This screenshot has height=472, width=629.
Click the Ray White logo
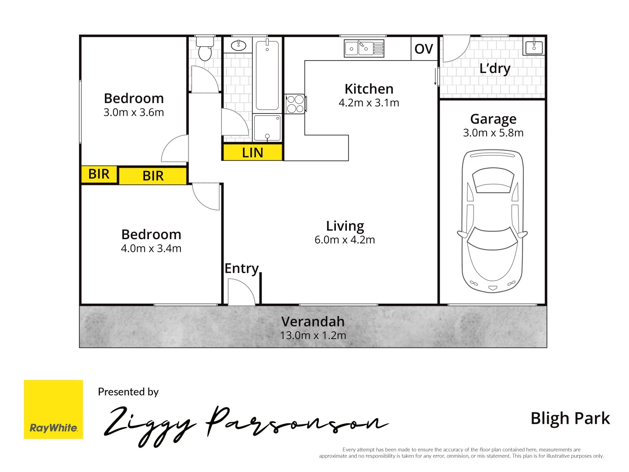(x=53, y=409)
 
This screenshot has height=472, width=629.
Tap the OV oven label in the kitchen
(x=423, y=49)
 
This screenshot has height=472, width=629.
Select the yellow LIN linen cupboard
(x=252, y=153)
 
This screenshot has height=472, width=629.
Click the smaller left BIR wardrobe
(x=99, y=174)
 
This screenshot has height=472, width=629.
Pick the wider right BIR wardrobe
(x=153, y=176)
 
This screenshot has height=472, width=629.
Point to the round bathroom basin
(x=238, y=45)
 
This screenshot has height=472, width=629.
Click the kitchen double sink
(x=363, y=49)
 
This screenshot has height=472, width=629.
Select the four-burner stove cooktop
(x=295, y=104)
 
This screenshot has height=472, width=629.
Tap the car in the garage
(x=492, y=221)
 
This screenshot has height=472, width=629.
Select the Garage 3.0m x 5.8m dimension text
(x=493, y=133)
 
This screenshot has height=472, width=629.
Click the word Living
(x=345, y=226)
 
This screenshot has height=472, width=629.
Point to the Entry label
(x=242, y=268)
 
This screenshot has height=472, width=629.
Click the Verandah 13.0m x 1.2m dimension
(x=313, y=336)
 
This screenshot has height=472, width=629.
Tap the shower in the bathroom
(x=267, y=128)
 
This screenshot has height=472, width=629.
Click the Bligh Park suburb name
(x=570, y=418)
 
